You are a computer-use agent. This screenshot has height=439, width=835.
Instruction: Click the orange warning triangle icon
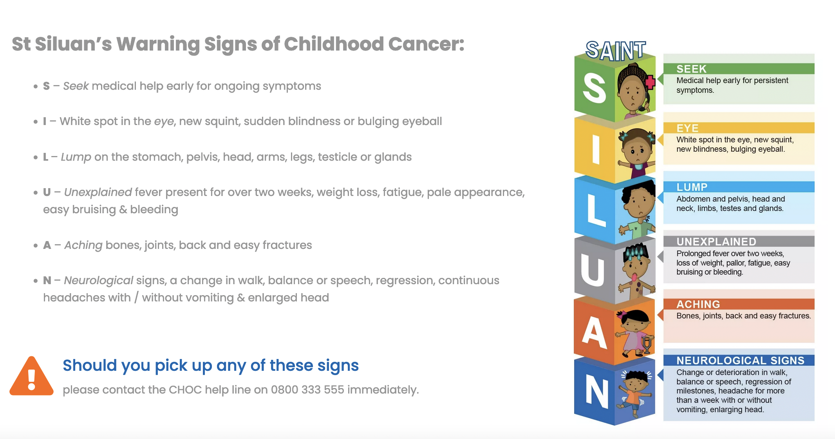[x=31, y=376]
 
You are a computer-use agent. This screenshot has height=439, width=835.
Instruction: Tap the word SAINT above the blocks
[x=616, y=51]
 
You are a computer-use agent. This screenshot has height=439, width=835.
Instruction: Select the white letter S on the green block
[x=594, y=89]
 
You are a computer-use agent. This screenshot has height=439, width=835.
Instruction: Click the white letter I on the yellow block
[x=596, y=149]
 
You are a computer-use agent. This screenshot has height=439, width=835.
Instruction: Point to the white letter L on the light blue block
[x=596, y=210]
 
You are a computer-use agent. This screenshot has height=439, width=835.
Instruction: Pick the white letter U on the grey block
[x=593, y=270]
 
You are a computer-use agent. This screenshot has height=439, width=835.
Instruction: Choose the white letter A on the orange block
[x=594, y=332]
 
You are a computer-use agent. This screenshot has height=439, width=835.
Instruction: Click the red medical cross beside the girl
[x=650, y=82]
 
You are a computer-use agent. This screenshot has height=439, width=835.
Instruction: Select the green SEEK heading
[x=691, y=69]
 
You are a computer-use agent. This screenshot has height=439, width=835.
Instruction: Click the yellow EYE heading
[x=687, y=128]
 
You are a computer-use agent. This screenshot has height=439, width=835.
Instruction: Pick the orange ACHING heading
[x=698, y=304]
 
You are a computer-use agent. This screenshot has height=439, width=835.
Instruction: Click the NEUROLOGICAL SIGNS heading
[x=740, y=360]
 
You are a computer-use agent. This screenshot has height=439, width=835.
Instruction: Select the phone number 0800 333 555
[x=307, y=390]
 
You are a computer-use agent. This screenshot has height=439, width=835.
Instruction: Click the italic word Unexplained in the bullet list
[x=98, y=192]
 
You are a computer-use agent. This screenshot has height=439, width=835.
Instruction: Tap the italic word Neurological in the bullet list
[x=99, y=281]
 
